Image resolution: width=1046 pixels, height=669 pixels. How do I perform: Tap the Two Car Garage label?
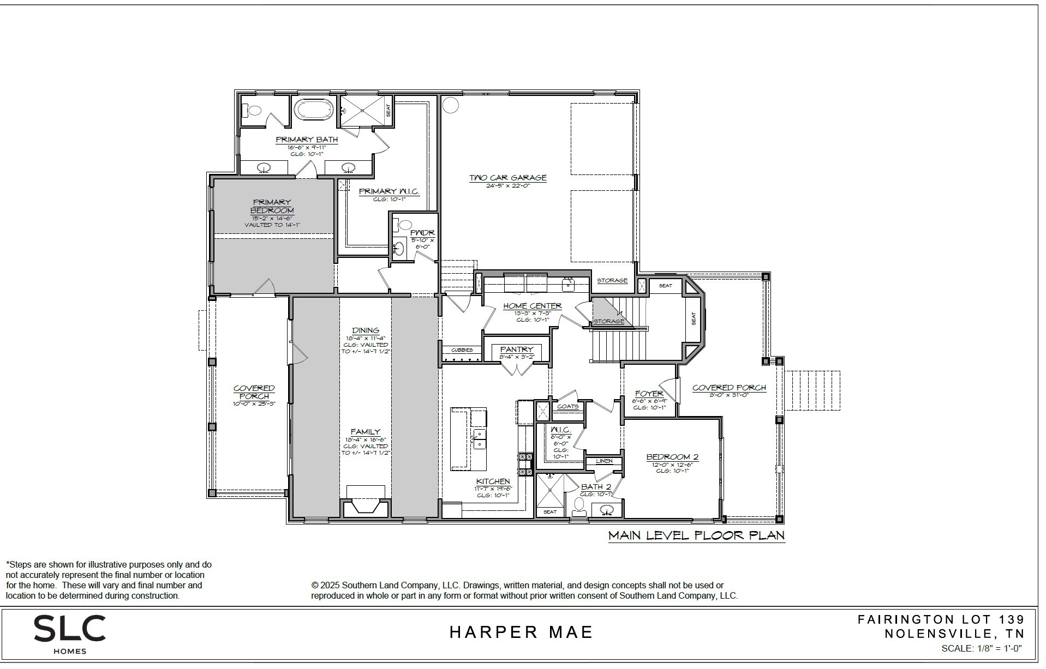507,178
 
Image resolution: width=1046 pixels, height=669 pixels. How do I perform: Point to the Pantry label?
516,349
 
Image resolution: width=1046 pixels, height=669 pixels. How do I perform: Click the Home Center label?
532,306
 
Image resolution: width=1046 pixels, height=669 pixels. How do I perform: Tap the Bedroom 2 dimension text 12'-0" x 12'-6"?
672,465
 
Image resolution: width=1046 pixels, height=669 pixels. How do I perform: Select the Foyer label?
649,394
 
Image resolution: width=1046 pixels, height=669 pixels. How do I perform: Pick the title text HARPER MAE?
521,632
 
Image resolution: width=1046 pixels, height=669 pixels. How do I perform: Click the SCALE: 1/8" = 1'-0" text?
981,648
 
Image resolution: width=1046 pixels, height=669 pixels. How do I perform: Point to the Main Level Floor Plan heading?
696,535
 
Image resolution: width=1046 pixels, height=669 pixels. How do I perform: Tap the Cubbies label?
462,350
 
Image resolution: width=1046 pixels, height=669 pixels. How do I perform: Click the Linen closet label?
604,461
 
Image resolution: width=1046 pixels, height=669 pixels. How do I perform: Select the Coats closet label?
567,406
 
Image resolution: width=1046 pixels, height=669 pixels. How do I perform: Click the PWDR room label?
422,233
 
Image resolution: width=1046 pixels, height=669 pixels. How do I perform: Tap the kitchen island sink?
478,438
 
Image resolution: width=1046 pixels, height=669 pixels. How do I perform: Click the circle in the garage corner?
450,105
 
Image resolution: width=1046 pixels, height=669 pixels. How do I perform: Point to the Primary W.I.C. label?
388,191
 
